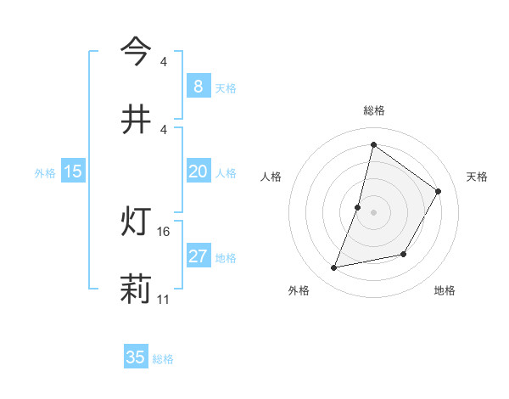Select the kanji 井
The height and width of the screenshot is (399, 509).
136,120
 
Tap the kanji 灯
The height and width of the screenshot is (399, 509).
136,223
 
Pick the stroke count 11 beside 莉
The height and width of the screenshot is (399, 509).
164,300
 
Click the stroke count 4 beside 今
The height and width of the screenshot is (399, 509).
164,61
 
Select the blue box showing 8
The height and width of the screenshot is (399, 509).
198,86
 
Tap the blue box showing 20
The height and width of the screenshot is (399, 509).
198,171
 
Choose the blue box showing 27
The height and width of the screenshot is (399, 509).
198,256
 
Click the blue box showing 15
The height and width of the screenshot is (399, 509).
72,171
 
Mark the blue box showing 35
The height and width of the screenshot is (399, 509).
135,357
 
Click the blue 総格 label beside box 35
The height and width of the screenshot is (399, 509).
163,359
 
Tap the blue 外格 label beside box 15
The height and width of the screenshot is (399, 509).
44,173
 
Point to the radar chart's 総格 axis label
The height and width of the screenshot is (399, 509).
373,110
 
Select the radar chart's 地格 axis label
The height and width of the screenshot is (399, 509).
445,290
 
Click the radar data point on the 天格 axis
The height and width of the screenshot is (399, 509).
439,191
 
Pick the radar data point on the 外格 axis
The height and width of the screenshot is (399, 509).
334,268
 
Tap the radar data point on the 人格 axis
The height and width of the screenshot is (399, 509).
358,207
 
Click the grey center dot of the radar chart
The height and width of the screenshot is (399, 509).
373,212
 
